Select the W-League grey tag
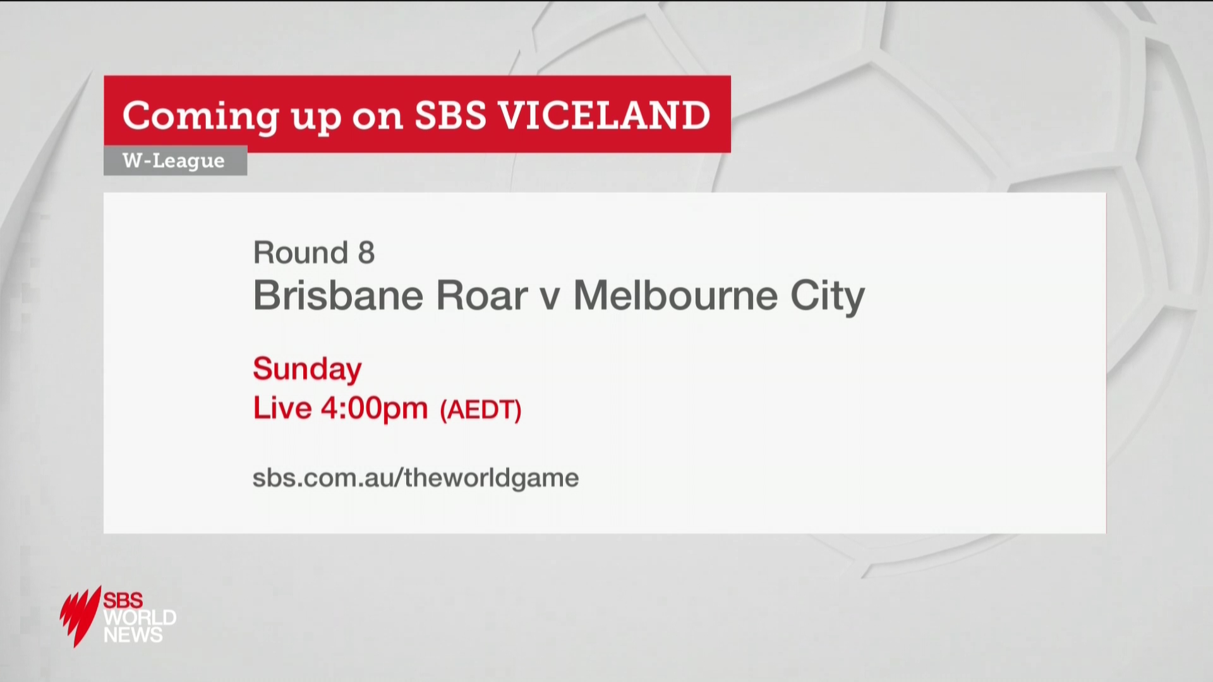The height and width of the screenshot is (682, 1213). click(x=175, y=160)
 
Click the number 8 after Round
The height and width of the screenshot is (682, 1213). click(x=366, y=253)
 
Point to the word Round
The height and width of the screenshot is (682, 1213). click(x=301, y=253)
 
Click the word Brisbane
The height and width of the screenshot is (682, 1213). click(x=338, y=295)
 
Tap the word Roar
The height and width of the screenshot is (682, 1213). click(x=481, y=295)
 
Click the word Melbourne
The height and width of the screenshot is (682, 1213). click(x=675, y=295)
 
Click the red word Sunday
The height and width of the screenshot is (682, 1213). click(x=307, y=369)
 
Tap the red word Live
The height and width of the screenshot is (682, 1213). click(x=282, y=408)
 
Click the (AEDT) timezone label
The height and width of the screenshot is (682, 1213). click(x=481, y=410)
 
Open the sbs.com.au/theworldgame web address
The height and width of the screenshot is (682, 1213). click(x=416, y=478)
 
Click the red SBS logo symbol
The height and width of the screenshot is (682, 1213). click(x=81, y=616)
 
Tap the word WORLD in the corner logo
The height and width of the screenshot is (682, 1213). click(x=140, y=617)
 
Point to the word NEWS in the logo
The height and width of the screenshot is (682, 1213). click(x=133, y=635)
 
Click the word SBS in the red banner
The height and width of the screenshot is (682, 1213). click(x=450, y=115)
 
